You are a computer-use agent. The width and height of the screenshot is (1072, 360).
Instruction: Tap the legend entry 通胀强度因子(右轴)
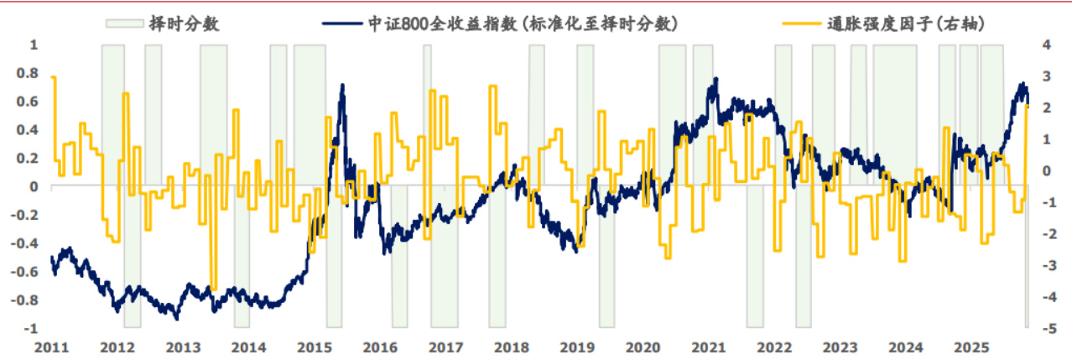click(900, 23)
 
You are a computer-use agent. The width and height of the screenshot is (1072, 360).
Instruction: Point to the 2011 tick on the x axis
click(51, 346)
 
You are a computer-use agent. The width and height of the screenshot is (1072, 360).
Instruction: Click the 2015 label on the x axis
click(315, 346)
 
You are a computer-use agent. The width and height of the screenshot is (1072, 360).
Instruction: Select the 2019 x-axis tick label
click(577, 346)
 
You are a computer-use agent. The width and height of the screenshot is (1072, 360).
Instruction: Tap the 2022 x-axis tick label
click(774, 346)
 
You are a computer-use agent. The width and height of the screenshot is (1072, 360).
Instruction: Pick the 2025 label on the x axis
click(971, 346)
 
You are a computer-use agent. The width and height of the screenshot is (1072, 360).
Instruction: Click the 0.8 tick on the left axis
click(29, 73)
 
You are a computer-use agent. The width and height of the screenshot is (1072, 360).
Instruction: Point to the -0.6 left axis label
click(26, 271)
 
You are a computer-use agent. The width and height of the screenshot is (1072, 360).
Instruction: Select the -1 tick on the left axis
click(33, 328)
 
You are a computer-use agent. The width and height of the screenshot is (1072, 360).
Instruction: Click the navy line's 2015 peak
click(342, 85)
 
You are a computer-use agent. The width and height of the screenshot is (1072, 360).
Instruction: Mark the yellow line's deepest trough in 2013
click(213, 289)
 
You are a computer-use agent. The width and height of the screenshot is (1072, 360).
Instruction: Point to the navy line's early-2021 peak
click(715, 79)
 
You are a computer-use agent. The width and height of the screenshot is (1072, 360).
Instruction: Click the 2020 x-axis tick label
click(643, 346)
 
